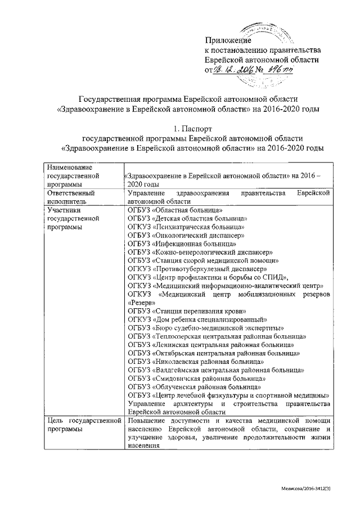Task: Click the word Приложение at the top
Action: pyautogui.click(x=227, y=40)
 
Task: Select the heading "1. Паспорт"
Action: pyautogui.click(x=192, y=128)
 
